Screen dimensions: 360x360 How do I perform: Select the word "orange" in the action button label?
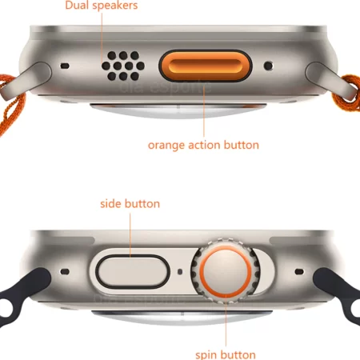(165, 146)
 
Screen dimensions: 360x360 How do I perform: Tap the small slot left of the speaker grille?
(63, 66)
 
